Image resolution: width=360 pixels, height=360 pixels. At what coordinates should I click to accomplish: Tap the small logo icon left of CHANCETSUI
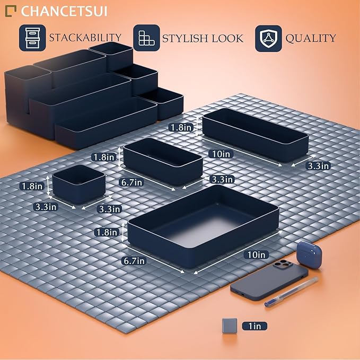(11, 10)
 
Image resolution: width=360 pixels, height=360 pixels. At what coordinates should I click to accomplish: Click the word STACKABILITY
(85, 38)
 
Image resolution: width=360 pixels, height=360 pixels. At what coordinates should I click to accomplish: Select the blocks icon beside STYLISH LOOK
(146, 38)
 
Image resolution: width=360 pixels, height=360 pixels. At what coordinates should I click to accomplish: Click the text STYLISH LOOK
(203, 38)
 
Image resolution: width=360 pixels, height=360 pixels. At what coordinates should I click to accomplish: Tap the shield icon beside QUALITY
(268, 38)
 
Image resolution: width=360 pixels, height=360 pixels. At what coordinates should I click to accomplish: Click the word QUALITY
(311, 38)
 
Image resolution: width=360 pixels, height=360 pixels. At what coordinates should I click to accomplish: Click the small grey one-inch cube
(230, 326)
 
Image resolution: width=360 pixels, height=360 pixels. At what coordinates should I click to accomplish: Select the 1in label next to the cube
(254, 326)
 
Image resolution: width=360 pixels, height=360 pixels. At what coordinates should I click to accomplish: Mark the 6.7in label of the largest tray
(134, 260)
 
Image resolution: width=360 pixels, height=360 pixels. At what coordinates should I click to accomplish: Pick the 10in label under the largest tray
(257, 254)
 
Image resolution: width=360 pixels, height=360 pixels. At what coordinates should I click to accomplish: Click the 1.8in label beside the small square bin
(32, 186)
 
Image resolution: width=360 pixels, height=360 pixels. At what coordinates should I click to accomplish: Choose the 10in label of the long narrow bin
(220, 154)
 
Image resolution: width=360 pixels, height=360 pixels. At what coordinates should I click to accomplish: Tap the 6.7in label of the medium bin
(131, 182)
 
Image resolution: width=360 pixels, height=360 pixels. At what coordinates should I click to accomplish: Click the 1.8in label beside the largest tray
(105, 232)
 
